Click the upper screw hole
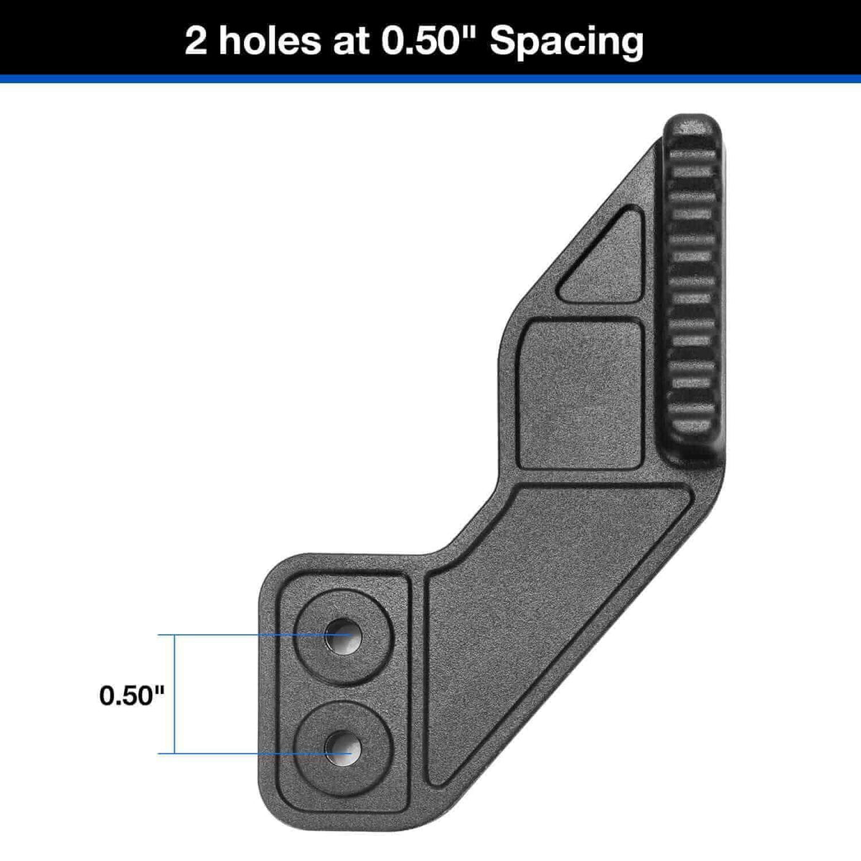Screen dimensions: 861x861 (x=343, y=635)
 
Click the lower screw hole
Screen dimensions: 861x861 (x=343, y=751)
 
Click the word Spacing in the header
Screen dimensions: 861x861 (x=566, y=41)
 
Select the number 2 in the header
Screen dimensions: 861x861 (x=197, y=42)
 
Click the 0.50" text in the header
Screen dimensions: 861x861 (x=431, y=41)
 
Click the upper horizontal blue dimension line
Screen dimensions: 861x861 (x=237, y=636)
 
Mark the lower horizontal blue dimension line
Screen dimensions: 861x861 (x=237, y=753)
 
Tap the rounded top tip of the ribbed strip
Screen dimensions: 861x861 (x=690, y=126)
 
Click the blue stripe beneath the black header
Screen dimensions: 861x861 (x=430, y=79)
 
